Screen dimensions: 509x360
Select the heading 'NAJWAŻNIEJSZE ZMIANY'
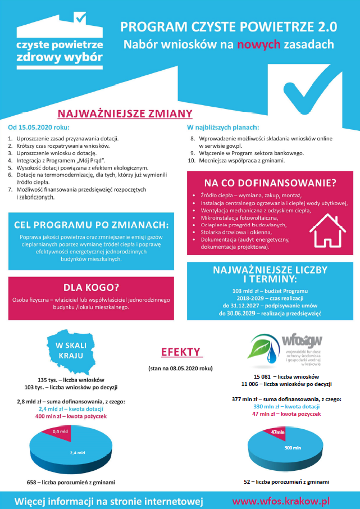click(x=125, y=113)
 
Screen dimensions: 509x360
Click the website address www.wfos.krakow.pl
click(x=281, y=499)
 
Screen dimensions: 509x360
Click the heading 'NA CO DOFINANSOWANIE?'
click(x=270, y=183)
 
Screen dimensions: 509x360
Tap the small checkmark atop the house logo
click(x=80, y=18)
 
